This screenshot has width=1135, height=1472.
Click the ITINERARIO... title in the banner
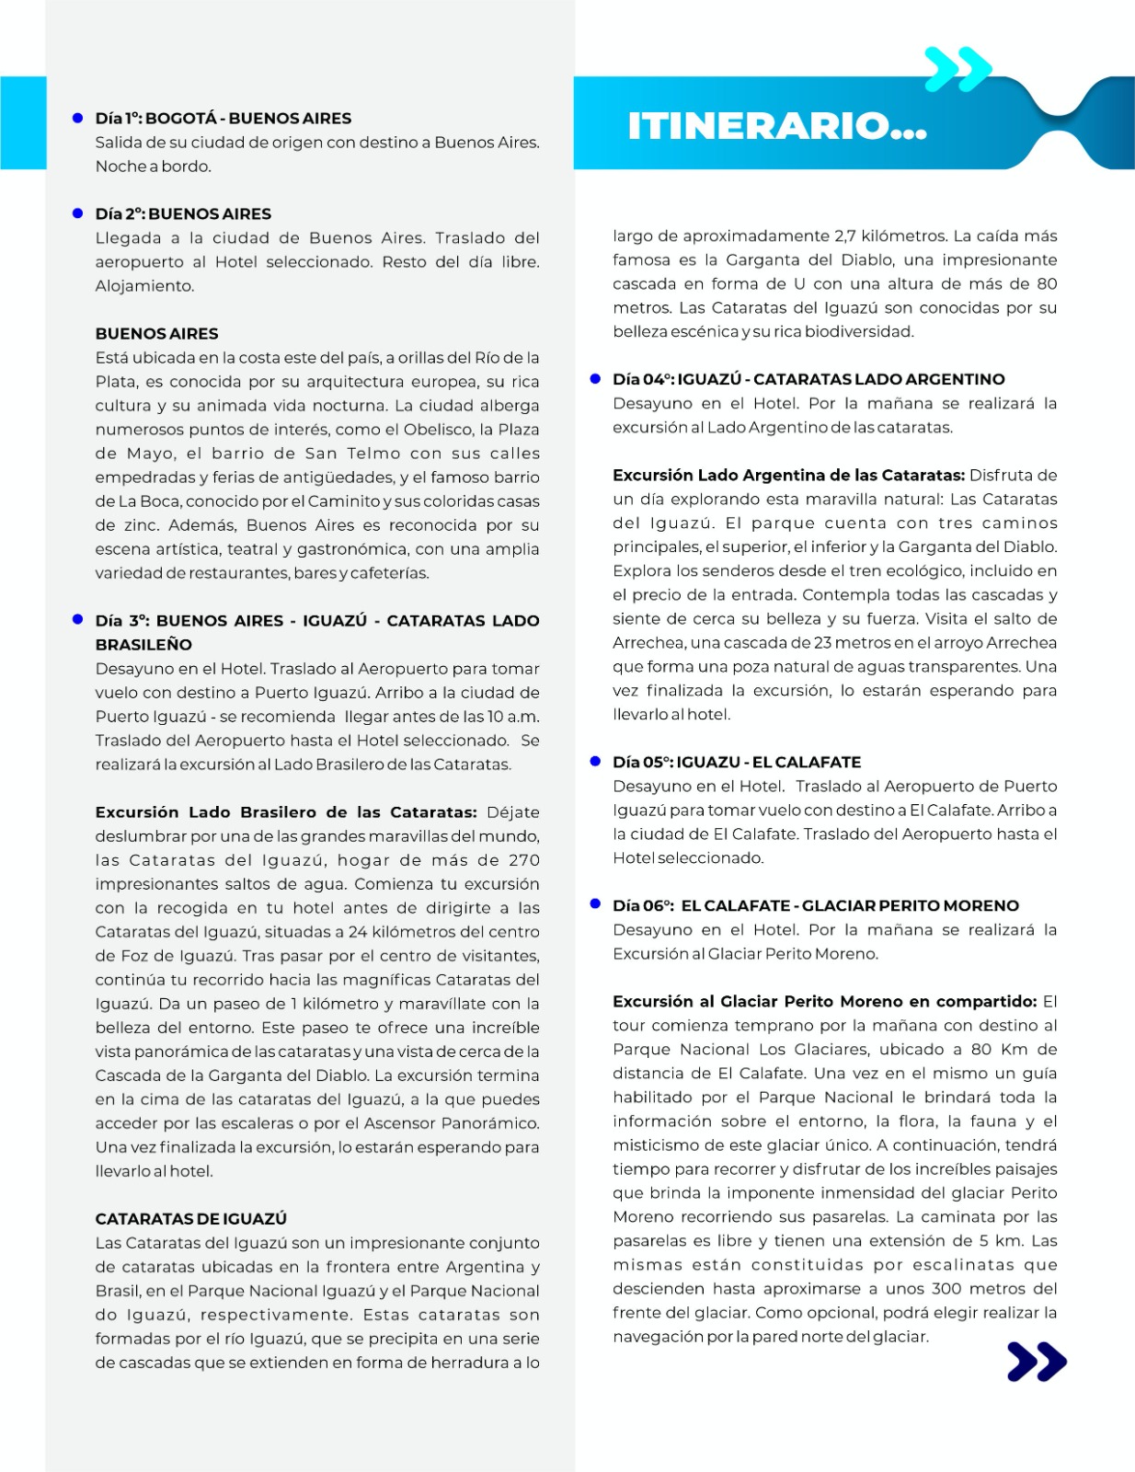776,126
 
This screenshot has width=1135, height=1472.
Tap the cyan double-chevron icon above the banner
957,69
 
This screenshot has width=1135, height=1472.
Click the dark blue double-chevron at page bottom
1037,1362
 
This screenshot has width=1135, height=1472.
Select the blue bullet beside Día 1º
78,118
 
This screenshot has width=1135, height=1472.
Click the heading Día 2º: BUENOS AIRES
183,213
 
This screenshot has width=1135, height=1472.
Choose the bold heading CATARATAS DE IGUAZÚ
190,1219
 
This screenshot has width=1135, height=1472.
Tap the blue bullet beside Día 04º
595,379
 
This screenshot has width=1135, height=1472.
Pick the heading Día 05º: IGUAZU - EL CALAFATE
737,762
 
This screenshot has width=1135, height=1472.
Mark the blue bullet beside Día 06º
595,905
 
